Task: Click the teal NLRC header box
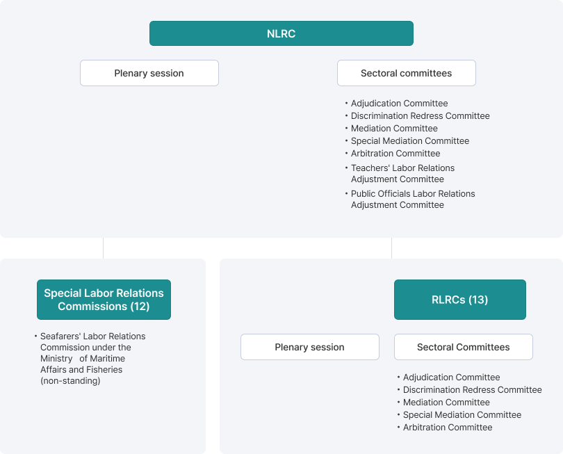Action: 281,33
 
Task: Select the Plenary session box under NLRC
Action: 149,73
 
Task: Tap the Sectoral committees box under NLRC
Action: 407,73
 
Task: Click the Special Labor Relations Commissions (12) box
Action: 104,300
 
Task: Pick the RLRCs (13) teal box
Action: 460,300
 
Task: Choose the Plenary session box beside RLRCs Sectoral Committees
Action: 310,347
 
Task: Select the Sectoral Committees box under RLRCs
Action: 464,347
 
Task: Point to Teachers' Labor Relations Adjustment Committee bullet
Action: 402,174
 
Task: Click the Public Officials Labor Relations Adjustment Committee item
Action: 413,200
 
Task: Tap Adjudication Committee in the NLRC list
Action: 399,104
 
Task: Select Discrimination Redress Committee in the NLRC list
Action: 420,116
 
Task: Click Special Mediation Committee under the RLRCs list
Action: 462,415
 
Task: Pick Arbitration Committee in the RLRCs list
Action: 448,428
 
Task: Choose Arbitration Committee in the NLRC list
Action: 395,154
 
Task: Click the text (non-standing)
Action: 70,381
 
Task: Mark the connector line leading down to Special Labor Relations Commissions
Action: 104,248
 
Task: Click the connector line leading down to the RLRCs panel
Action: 392,248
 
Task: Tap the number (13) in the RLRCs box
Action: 478,300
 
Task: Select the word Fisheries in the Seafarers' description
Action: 104,370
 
